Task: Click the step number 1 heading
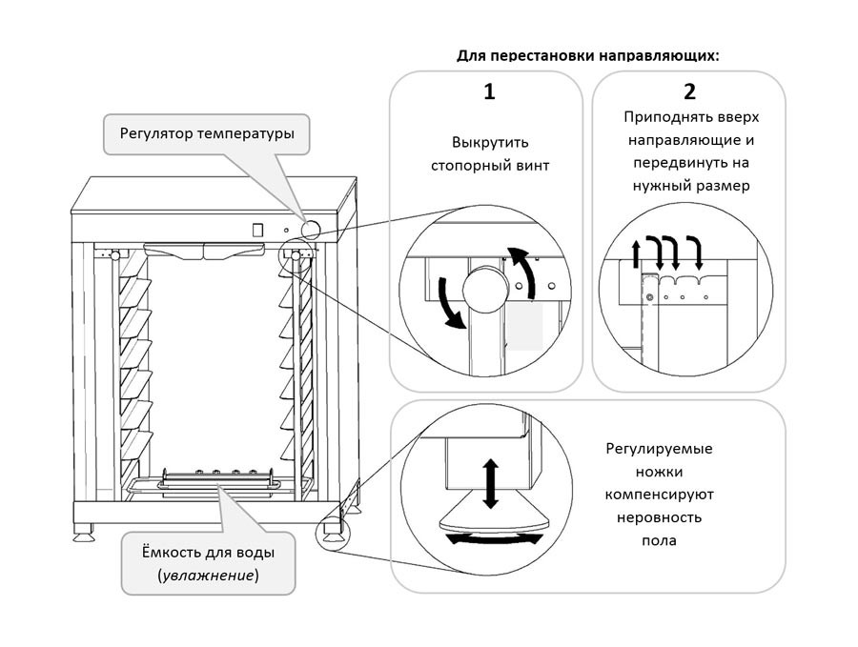(489, 92)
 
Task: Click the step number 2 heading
(689, 92)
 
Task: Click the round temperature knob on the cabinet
(311, 228)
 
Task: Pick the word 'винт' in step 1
(530, 166)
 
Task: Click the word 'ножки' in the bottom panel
(659, 472)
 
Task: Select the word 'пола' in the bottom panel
(659, 540)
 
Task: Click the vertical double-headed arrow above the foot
(490, 483)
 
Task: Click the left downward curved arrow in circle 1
(448, 304)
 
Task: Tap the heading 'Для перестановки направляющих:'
(588, 55)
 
